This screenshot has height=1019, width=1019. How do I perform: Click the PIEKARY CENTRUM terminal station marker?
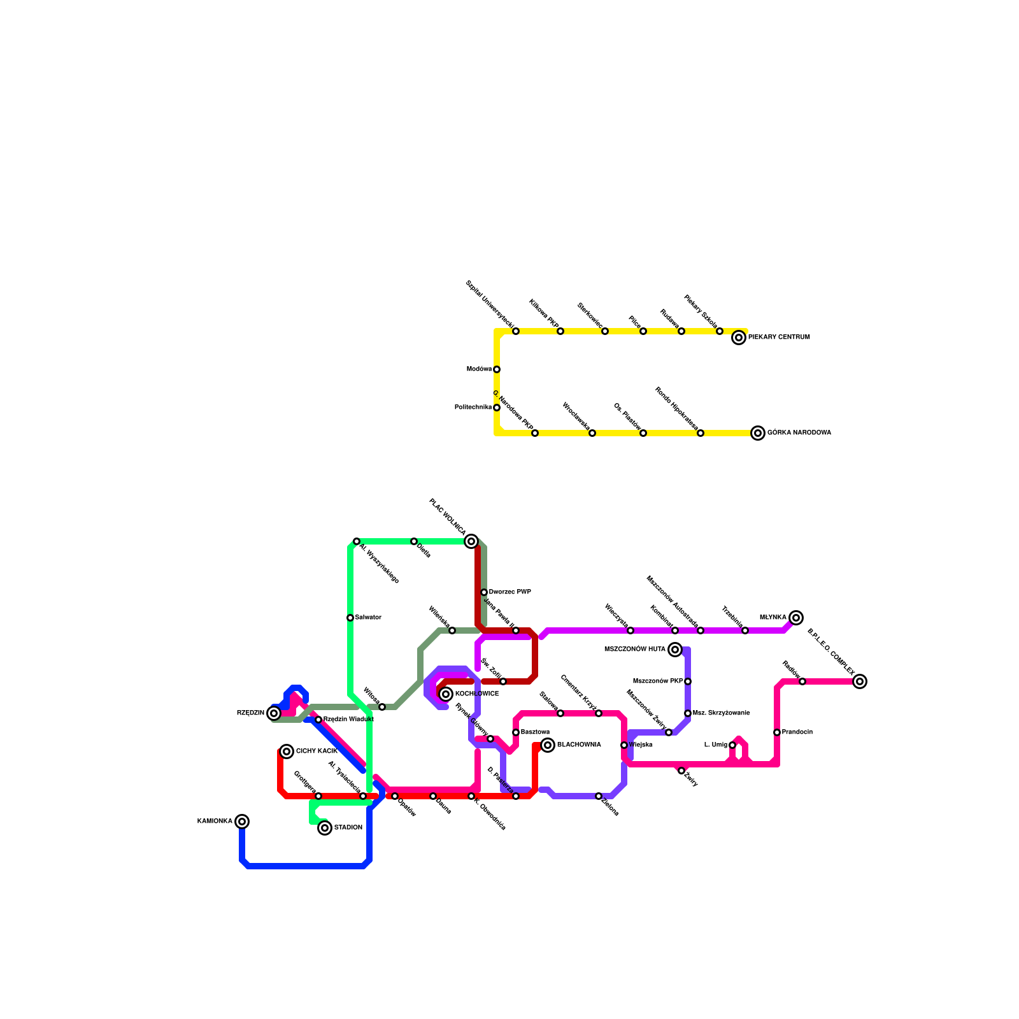739,338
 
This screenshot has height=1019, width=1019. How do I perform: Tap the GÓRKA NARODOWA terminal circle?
758,433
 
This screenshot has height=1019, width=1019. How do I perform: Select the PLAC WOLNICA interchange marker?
471,541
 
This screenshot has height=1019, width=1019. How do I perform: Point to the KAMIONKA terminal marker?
242,822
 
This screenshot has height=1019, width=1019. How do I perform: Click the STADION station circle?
325,828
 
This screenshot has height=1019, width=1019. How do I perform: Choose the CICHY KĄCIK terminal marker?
287,752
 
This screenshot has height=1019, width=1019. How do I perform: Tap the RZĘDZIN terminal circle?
274,713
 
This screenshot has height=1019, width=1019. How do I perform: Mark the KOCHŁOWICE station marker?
446,694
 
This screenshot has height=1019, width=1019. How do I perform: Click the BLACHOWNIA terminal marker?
548,745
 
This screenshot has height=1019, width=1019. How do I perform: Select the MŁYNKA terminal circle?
796,618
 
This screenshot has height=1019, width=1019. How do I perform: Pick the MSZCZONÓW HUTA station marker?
676,650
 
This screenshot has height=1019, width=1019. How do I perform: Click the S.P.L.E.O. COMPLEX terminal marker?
860,681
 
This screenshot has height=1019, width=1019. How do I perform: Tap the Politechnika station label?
473,408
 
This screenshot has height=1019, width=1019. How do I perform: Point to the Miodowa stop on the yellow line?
497,369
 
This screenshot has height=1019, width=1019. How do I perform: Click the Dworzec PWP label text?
510,592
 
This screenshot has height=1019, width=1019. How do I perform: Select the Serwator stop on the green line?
350,618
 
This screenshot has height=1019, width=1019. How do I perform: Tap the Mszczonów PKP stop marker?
688,681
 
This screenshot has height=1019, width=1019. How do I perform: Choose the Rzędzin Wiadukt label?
348,720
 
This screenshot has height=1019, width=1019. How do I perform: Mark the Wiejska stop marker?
624,745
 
